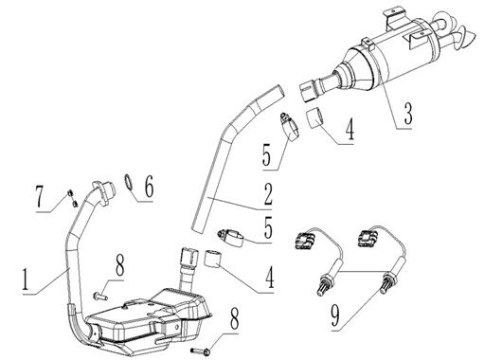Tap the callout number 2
[x=269, y=196]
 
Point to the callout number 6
[x=148, y=188]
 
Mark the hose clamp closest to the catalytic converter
[x=288, y=123]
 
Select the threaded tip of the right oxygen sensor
[x=387, y=281]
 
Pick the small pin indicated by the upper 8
[x=99, y=297]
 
